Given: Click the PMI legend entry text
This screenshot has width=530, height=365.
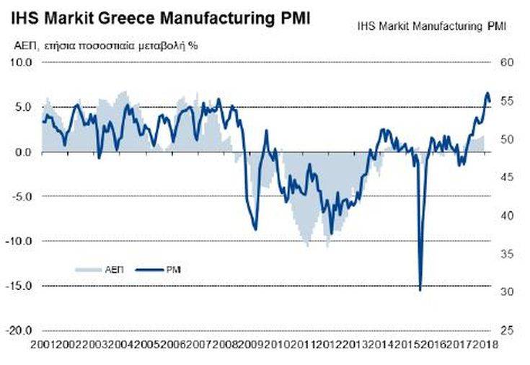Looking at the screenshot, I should point(173,269).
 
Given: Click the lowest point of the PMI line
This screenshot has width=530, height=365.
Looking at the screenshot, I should point(420,290).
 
